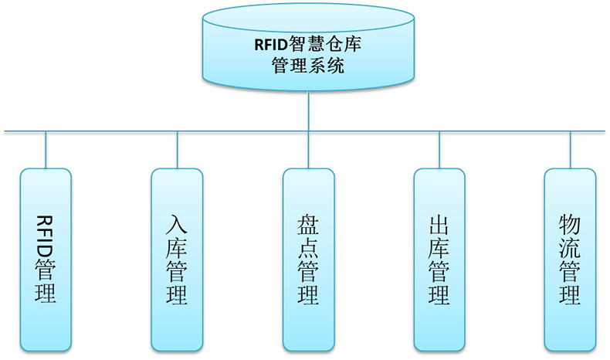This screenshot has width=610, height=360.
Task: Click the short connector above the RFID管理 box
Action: (46, 150)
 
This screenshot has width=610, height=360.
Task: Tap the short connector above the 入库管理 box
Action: (177, 150)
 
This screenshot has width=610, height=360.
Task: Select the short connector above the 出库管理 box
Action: (439, 150)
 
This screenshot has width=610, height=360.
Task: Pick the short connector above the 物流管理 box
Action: (570, 150)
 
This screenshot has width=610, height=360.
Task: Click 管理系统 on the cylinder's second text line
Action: (308, 65)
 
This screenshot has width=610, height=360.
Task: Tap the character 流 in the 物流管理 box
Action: (570, 248)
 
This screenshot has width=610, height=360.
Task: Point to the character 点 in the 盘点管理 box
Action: (308, 248)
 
